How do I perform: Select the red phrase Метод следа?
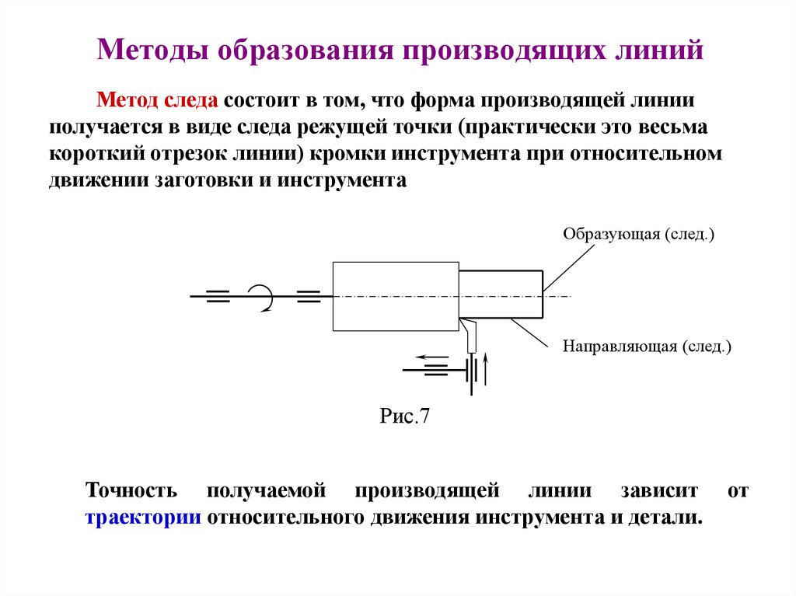[158, 101]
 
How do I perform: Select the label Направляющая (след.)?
[648, 347]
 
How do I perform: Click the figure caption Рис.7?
[404, 416]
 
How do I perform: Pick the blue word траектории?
[143, 517]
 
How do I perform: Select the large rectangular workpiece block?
[395, 296]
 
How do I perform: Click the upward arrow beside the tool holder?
[486, 368]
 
